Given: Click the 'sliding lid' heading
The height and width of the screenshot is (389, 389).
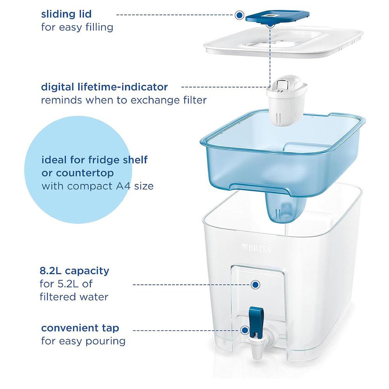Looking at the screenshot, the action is coord(66,14).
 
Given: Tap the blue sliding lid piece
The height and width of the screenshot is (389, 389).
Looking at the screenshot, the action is coord(277,17).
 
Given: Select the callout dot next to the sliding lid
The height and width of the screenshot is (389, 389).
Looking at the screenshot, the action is coord(239,15).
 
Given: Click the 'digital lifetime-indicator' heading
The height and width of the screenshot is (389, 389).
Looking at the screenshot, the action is coord(104,87).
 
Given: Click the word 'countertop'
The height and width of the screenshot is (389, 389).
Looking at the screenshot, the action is coord(85,173).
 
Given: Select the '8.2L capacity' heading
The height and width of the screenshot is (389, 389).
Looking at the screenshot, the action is coord(74,271).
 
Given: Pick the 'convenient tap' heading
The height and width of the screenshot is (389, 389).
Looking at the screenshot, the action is coord(80,328).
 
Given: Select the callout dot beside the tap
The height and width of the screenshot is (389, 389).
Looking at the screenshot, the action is coord(245,330).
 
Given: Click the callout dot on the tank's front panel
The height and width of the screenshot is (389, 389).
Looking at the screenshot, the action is coord(255,285).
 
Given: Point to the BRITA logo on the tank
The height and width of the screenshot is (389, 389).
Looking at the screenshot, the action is coord(256,248).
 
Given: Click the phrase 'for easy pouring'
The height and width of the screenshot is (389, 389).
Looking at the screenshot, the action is coord(83,341).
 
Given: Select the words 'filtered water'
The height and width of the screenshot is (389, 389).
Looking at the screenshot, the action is coord(74,297).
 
